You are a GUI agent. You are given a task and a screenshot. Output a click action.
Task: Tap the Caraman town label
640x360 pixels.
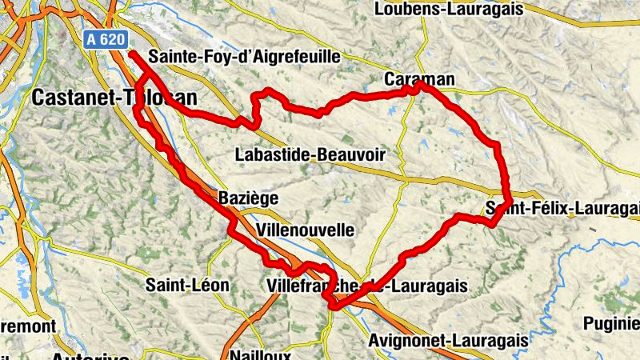(419, 79)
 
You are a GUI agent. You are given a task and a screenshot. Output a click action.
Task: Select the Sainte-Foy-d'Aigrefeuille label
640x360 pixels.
(245, 57)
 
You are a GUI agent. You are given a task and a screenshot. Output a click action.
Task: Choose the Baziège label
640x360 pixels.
(248, 197)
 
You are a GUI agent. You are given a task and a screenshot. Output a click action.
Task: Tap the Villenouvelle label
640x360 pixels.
(305, 230)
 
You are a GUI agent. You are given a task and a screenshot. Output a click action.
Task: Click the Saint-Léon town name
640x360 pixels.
(187, 285)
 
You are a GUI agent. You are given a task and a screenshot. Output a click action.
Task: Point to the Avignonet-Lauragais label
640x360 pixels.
(448, 341)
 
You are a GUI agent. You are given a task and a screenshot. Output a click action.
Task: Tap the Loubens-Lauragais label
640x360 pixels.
(448, 10)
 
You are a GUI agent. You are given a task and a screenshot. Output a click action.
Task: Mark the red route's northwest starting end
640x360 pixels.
(130, 54)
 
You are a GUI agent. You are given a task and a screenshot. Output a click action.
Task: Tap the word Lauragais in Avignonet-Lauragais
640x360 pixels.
(489, 341)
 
